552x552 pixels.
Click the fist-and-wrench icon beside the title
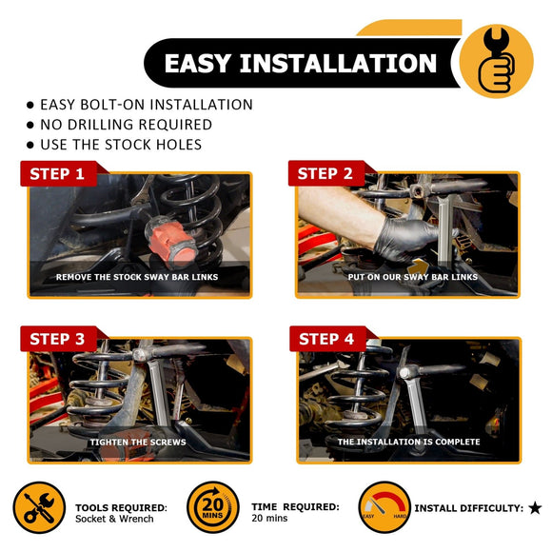(x=497, y=61)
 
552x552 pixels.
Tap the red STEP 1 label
(x=58, y=173)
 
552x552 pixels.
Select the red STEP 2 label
(x=325, y=173)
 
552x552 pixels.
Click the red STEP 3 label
(x=58, y=339)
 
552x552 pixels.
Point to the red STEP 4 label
(x=327, y=339)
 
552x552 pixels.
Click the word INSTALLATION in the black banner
(x=338, y=64)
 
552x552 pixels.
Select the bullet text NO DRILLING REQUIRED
(x=126, y=125)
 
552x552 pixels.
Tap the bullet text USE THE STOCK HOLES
(x=121, y=145)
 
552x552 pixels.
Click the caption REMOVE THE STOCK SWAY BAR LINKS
(x=137, y=277)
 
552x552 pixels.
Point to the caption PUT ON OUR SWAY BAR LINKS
(x=413, y=277)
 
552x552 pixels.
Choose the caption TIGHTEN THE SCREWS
(x=138, y=443)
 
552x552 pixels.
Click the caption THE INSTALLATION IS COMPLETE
(x=408, y=442)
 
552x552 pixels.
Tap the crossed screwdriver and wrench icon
(x=39, y=507)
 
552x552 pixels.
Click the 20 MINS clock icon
(x=213, y=507)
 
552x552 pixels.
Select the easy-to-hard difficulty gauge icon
(x=384, y=507)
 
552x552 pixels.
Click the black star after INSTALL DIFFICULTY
(x=535, y=507)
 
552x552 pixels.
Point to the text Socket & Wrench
(x=114, y=519)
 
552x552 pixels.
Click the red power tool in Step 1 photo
(x=170, y=240)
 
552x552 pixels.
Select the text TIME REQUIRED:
(x=295, y=507)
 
